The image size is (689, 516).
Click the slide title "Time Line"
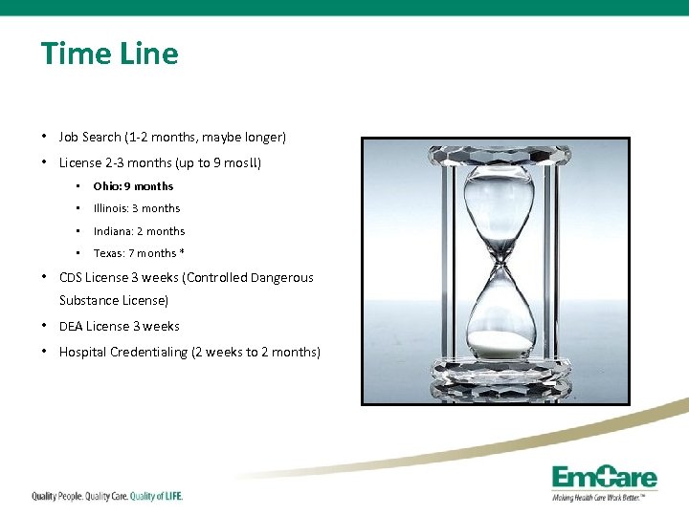109,54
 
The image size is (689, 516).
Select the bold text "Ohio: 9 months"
133,186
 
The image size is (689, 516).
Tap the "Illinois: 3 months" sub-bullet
136,208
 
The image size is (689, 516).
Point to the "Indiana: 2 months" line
139,231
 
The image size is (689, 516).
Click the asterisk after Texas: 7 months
181,252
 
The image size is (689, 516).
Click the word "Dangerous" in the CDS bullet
282,278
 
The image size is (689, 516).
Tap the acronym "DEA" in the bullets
71,326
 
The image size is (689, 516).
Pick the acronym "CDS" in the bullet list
71,278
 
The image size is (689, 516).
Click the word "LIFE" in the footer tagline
169,496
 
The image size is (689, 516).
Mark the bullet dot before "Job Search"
45,137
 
